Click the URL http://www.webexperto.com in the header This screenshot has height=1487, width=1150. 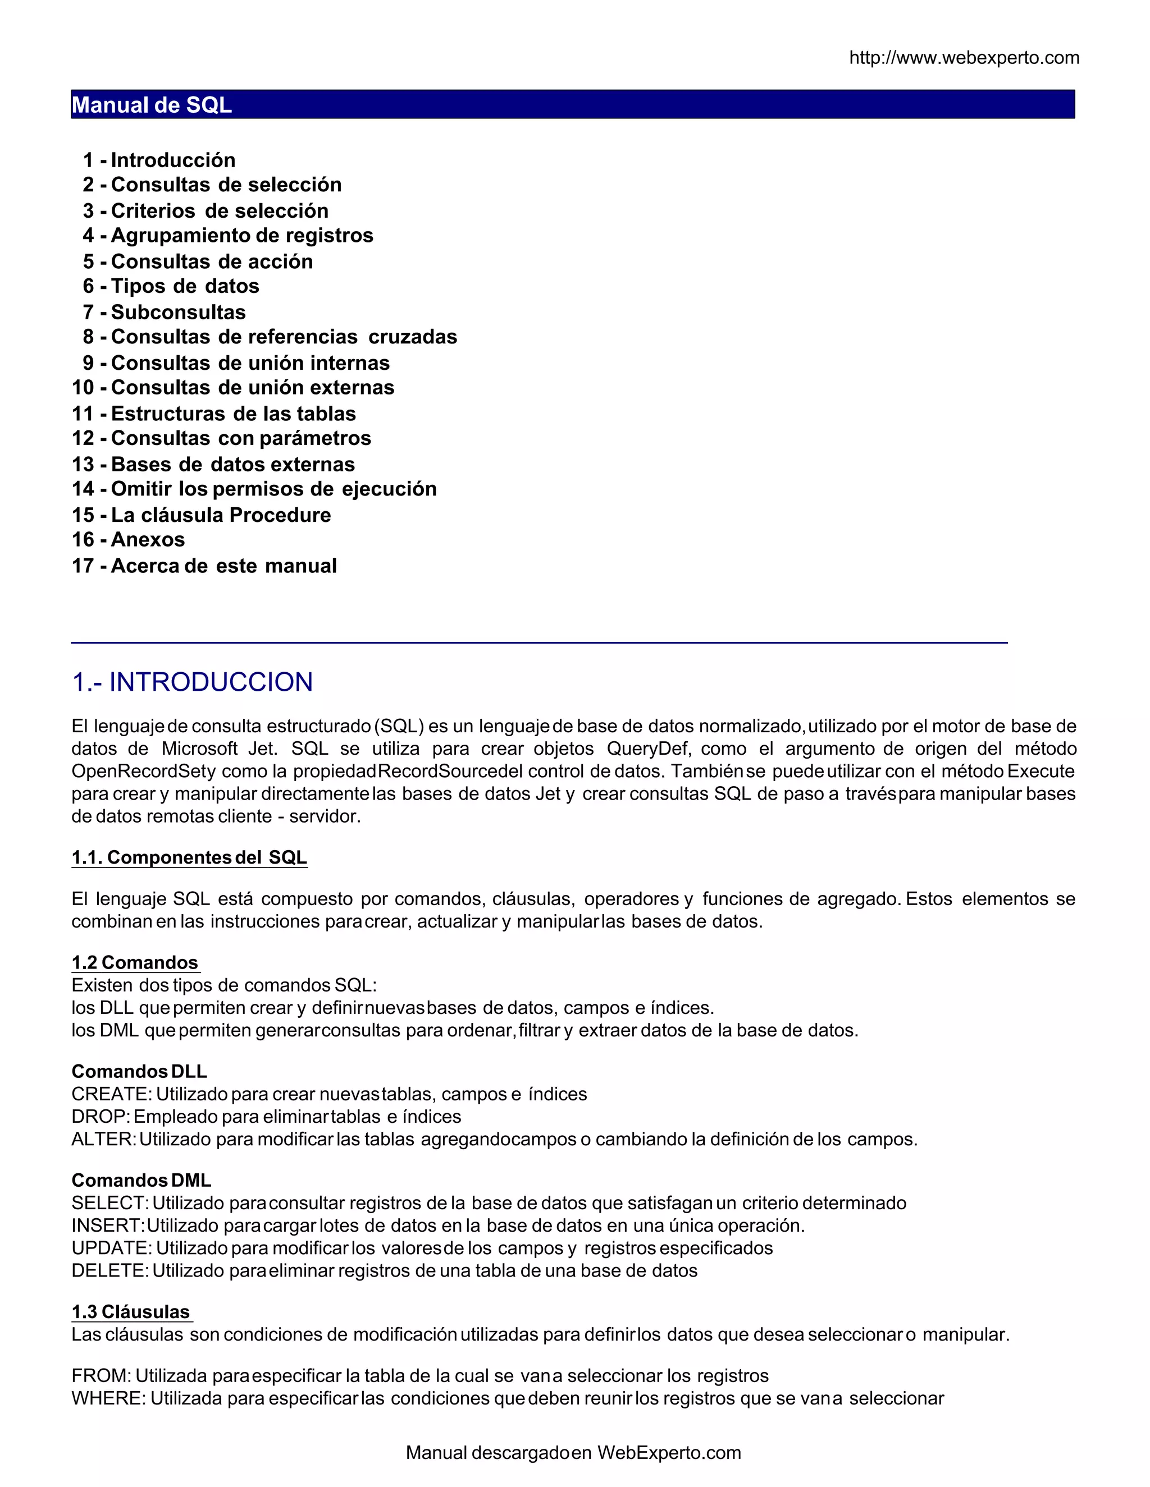[x=964, y=58]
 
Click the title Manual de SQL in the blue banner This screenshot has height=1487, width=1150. [x=152, y=105]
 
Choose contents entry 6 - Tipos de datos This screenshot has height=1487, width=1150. [x=171, y=286]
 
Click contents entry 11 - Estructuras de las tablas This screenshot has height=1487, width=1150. [x=214, y=414]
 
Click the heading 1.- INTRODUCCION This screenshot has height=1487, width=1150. [x=192, y=682]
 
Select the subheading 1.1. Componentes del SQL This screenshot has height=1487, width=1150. [x=189, y=857]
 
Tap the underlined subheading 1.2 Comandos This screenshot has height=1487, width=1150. [x=135, y=963]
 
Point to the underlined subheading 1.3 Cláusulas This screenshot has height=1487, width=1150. [x=131, y=1312]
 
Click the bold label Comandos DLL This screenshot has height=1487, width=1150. [x=139, y=1072]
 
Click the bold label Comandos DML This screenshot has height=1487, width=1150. [x=141, y=1181]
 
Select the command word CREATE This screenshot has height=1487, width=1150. [x=111, y=1094]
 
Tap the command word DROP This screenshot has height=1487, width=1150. [x=99, y=1117]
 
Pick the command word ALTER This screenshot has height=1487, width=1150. [x=103, y=1139]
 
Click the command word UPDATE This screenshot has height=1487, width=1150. [x=111, y=1248]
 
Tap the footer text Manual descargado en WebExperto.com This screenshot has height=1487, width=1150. [x=573, y=1453]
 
